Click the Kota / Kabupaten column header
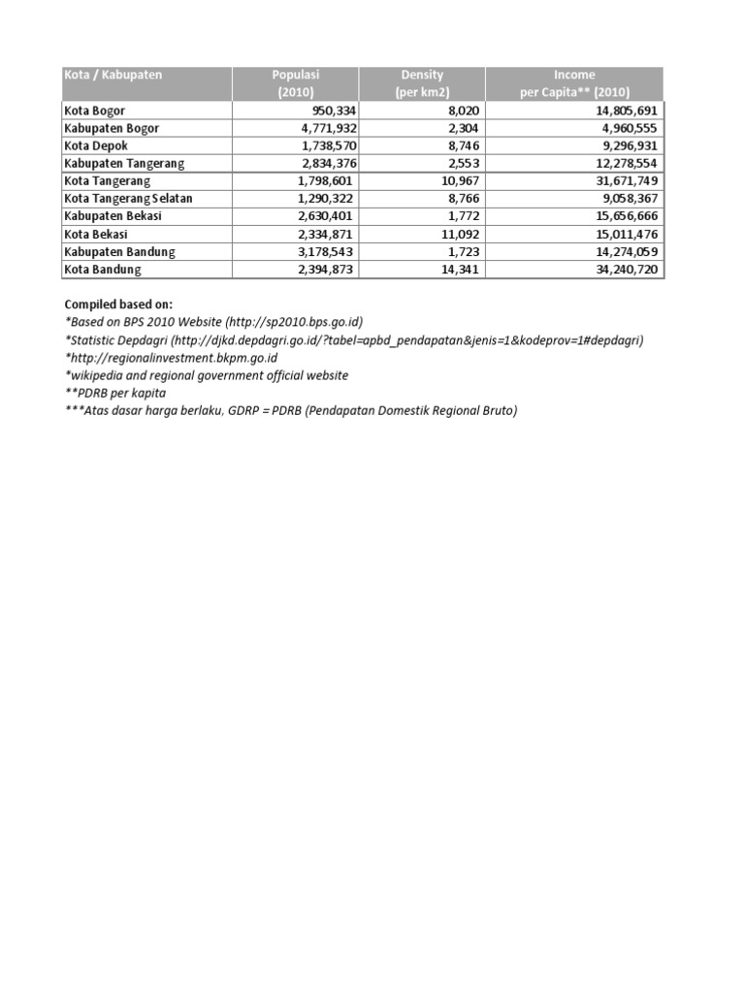[x=113, y=75]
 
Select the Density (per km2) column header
[x=422, y=83]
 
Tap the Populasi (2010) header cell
[x=296, y=83]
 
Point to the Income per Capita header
[x=574, y=83]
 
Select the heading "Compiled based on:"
[x=118, y=304]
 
